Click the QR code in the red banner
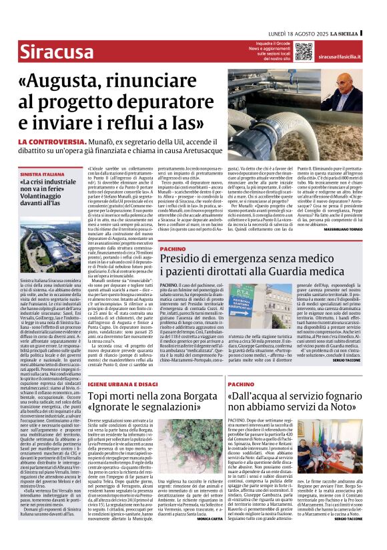click(304, 51)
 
